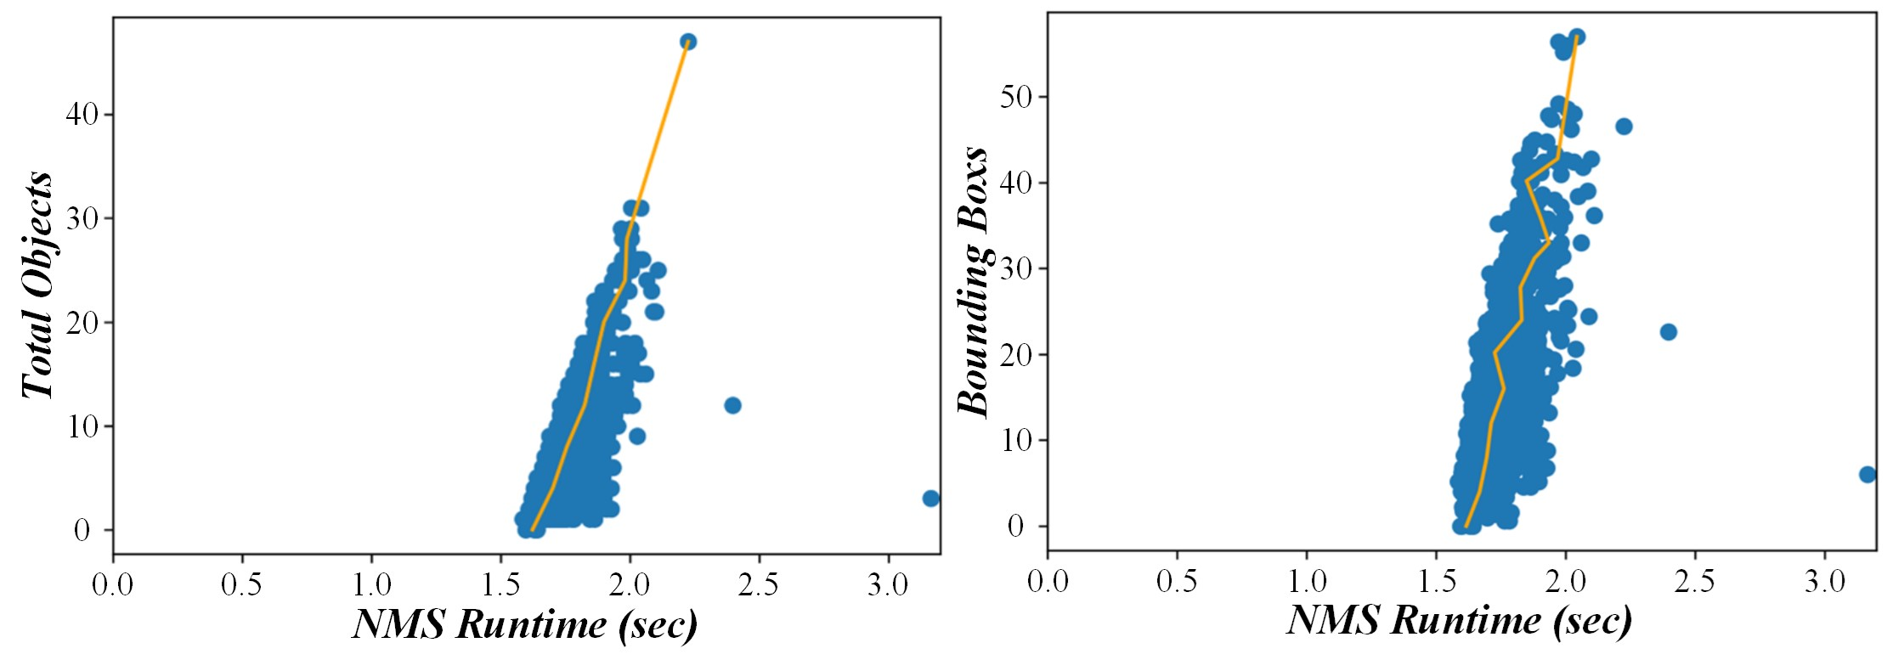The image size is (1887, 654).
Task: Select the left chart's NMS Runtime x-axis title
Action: [524, 625]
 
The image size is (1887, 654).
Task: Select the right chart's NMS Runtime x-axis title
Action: [1459, 620]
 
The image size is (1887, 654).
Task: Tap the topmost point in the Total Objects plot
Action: [688, 42]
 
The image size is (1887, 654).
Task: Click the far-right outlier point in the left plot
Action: [931, 499]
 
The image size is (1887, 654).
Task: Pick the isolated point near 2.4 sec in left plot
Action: [732, 405]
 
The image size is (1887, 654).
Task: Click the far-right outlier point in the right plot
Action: [1867, 475]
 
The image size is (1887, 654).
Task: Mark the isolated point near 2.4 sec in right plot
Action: [1668, 332]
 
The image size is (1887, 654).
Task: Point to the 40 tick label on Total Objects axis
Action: [82, 114]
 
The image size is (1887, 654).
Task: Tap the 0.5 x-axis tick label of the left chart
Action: [242, 585]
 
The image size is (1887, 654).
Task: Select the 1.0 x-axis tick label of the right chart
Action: [1307, 582]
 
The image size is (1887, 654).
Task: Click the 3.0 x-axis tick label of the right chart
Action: [1824, 582]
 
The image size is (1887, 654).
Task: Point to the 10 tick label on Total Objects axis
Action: [82, 426]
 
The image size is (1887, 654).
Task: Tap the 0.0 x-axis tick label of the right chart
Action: [1048, 582]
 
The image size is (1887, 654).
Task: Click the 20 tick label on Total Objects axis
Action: [82, 323]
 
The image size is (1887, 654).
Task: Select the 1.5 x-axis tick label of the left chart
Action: [500, 585]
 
